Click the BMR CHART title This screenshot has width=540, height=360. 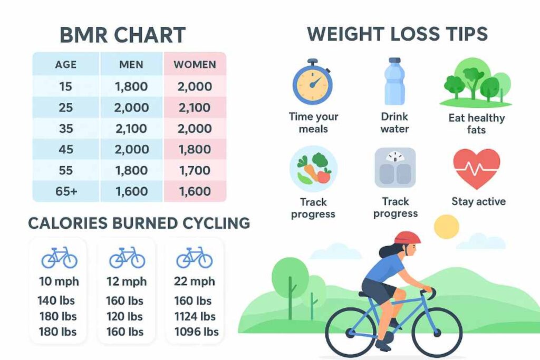click(x=122, y=35)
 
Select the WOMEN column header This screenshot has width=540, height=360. click(x=195, y=65)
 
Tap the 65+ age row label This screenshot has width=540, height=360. click(x=66, y=191)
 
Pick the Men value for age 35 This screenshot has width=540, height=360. click(x=131, y=129)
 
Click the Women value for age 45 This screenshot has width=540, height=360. click(x=195, y=149)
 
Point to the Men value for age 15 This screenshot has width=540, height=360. click(x=131, y=86)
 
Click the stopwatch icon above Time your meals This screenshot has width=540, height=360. click(x=312, y=82)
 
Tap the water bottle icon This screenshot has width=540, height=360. click(x=394, y=81)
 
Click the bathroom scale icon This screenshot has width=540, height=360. click(x=395, y=168)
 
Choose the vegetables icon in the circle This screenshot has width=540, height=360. click(x=313, y=169)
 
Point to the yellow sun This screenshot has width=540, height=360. click(x=447, y=227)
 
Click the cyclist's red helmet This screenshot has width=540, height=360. click(x=408, y=238)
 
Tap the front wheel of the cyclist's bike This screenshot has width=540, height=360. click(x=437, y=333)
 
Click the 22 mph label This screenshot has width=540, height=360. click(x=195, y=281)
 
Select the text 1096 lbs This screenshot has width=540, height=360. click(x=196, y=332)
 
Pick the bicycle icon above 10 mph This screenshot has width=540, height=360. click(x=59, y=258)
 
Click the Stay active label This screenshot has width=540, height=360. click(x=479, y=201)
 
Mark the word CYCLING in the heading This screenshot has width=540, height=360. click(x=216, y=223)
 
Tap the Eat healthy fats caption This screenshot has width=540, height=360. click(x=477, y=124)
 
